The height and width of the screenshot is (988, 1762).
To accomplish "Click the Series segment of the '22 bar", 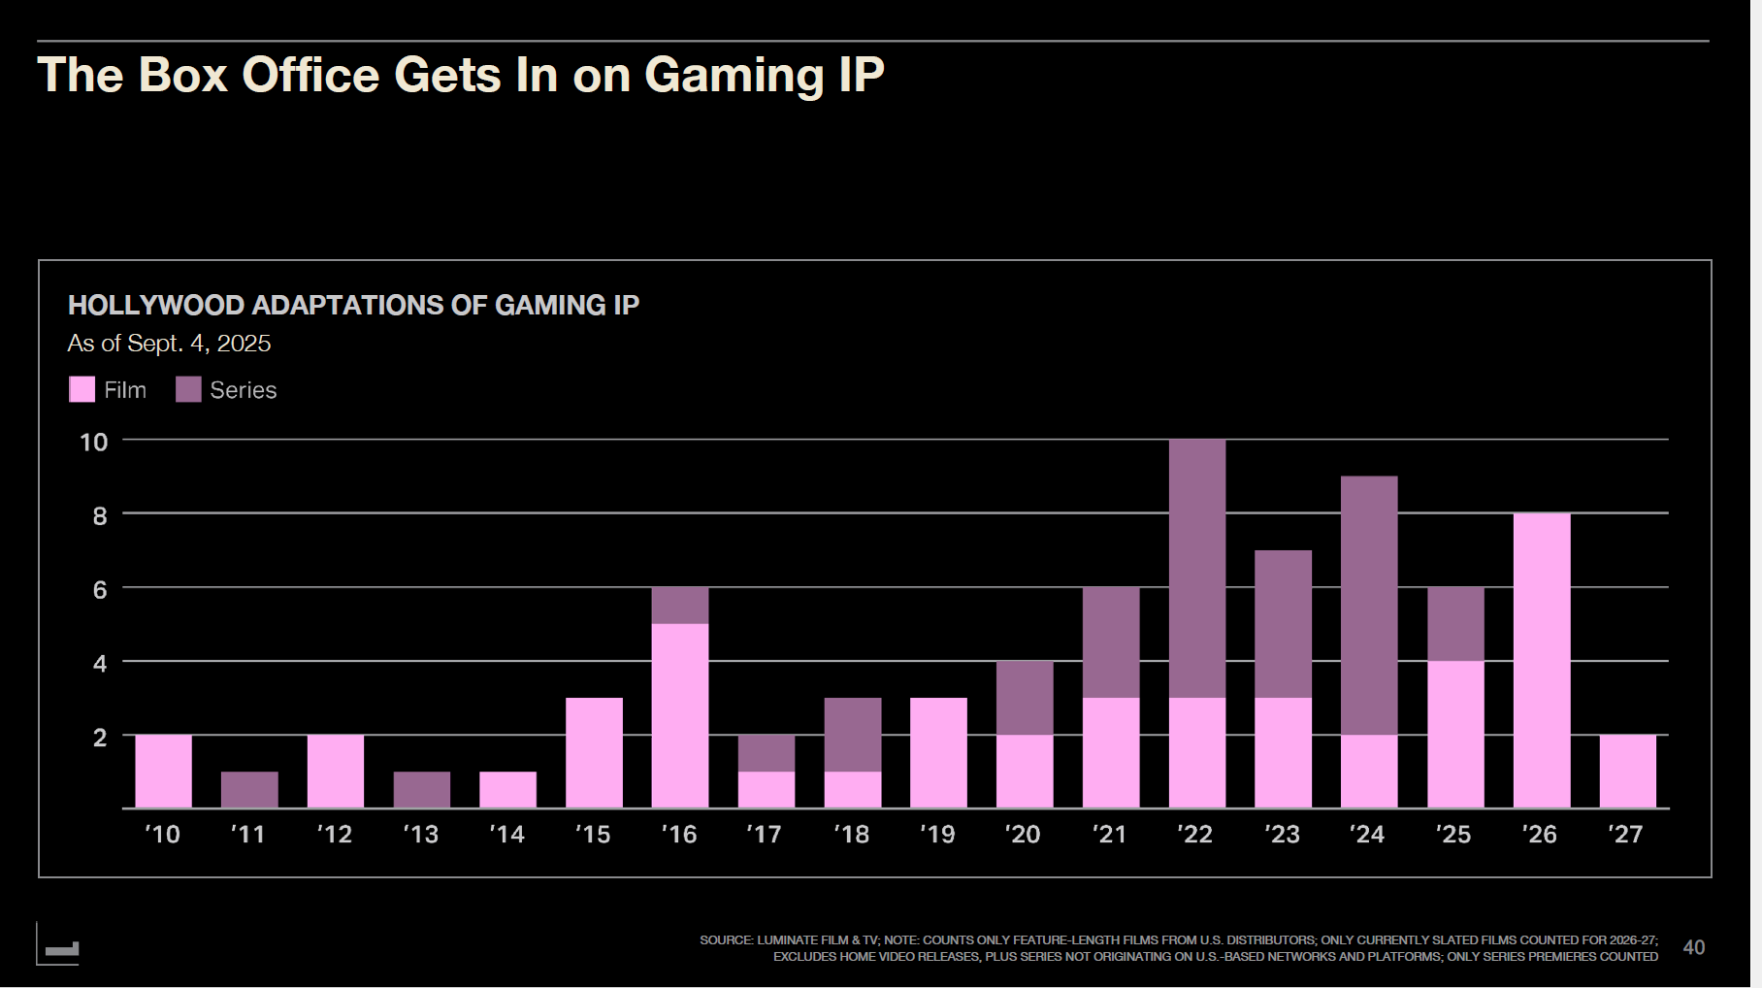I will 1196,568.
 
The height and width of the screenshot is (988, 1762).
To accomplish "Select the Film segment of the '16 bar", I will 679,715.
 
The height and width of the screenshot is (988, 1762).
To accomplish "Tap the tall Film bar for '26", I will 1541,660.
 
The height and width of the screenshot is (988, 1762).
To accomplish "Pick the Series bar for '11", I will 249,789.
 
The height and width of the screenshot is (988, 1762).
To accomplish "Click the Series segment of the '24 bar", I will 1368,605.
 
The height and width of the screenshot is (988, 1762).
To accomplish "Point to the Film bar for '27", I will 1627,771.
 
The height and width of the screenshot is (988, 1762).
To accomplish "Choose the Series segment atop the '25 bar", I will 1454,623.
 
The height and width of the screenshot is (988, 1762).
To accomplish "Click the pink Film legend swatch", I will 82,389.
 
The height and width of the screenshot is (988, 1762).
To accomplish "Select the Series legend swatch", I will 188,389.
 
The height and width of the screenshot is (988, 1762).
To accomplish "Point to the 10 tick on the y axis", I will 93,443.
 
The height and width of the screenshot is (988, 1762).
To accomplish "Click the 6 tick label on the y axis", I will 99,590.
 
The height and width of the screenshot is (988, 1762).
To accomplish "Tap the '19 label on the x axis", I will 937,835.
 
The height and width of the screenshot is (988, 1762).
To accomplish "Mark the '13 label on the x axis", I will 421,835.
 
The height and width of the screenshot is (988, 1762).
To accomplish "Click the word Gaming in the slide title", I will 734,76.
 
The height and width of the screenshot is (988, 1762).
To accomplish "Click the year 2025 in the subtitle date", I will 244,344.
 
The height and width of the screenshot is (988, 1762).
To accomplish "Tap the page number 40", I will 1693,947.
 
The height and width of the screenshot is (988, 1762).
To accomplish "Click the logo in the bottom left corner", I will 60,946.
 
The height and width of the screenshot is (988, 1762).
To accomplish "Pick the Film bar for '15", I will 594,752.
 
